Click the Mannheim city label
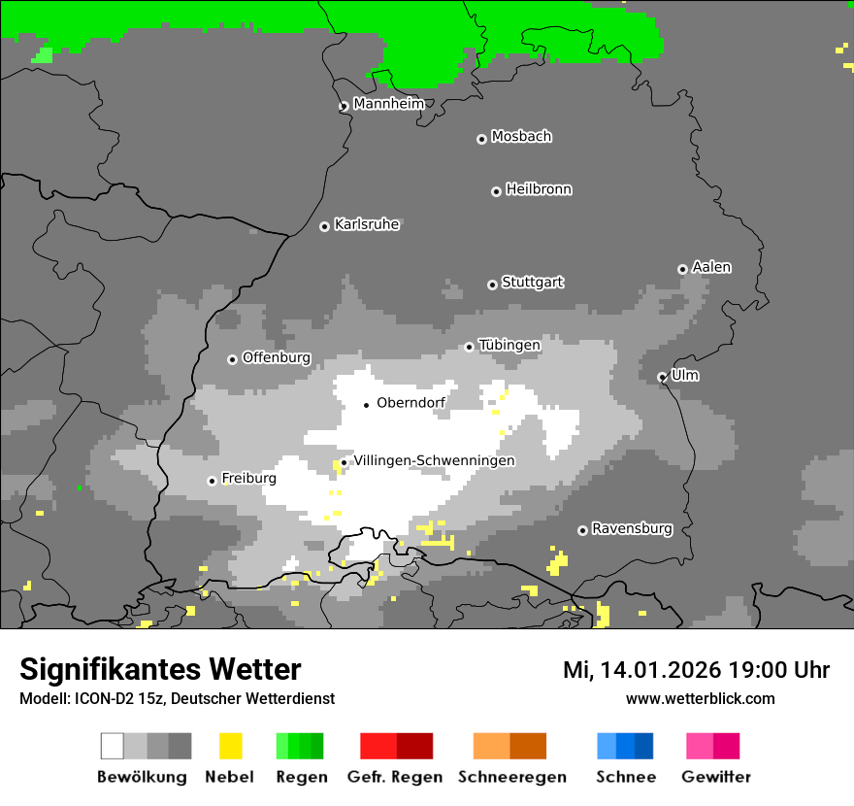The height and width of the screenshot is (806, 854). (x=388, y=104)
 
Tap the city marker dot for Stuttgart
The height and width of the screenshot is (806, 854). (x=492, y=285)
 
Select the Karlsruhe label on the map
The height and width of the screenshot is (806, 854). (x=366, y=224)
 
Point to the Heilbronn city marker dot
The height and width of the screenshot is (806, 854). (x=496, y=191)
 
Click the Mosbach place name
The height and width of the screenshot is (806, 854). (x=521, y=137)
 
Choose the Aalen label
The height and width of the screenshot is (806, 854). (x=711, y=267)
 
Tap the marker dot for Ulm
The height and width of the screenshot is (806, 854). (x=663, y=377)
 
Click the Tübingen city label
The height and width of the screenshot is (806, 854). (x=509, y=345)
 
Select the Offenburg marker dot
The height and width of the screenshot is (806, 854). (x=232, y=359)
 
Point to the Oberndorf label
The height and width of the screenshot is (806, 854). (x=411, y=403)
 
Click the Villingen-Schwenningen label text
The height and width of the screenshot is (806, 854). (x=434, y=460)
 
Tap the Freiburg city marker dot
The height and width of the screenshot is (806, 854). (x=212, y=481)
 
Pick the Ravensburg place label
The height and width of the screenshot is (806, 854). (x=632, y=528)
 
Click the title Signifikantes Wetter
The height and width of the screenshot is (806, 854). (x=160, y=669)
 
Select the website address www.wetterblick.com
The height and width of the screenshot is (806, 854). (x=700, y=698)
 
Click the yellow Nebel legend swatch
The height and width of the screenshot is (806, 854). (x=230, y=746)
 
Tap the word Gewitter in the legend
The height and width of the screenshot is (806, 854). (x=715, y=777)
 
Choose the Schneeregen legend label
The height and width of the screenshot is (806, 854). (x=511, y=777)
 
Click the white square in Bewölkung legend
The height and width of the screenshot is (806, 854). (x=113, y=746)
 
